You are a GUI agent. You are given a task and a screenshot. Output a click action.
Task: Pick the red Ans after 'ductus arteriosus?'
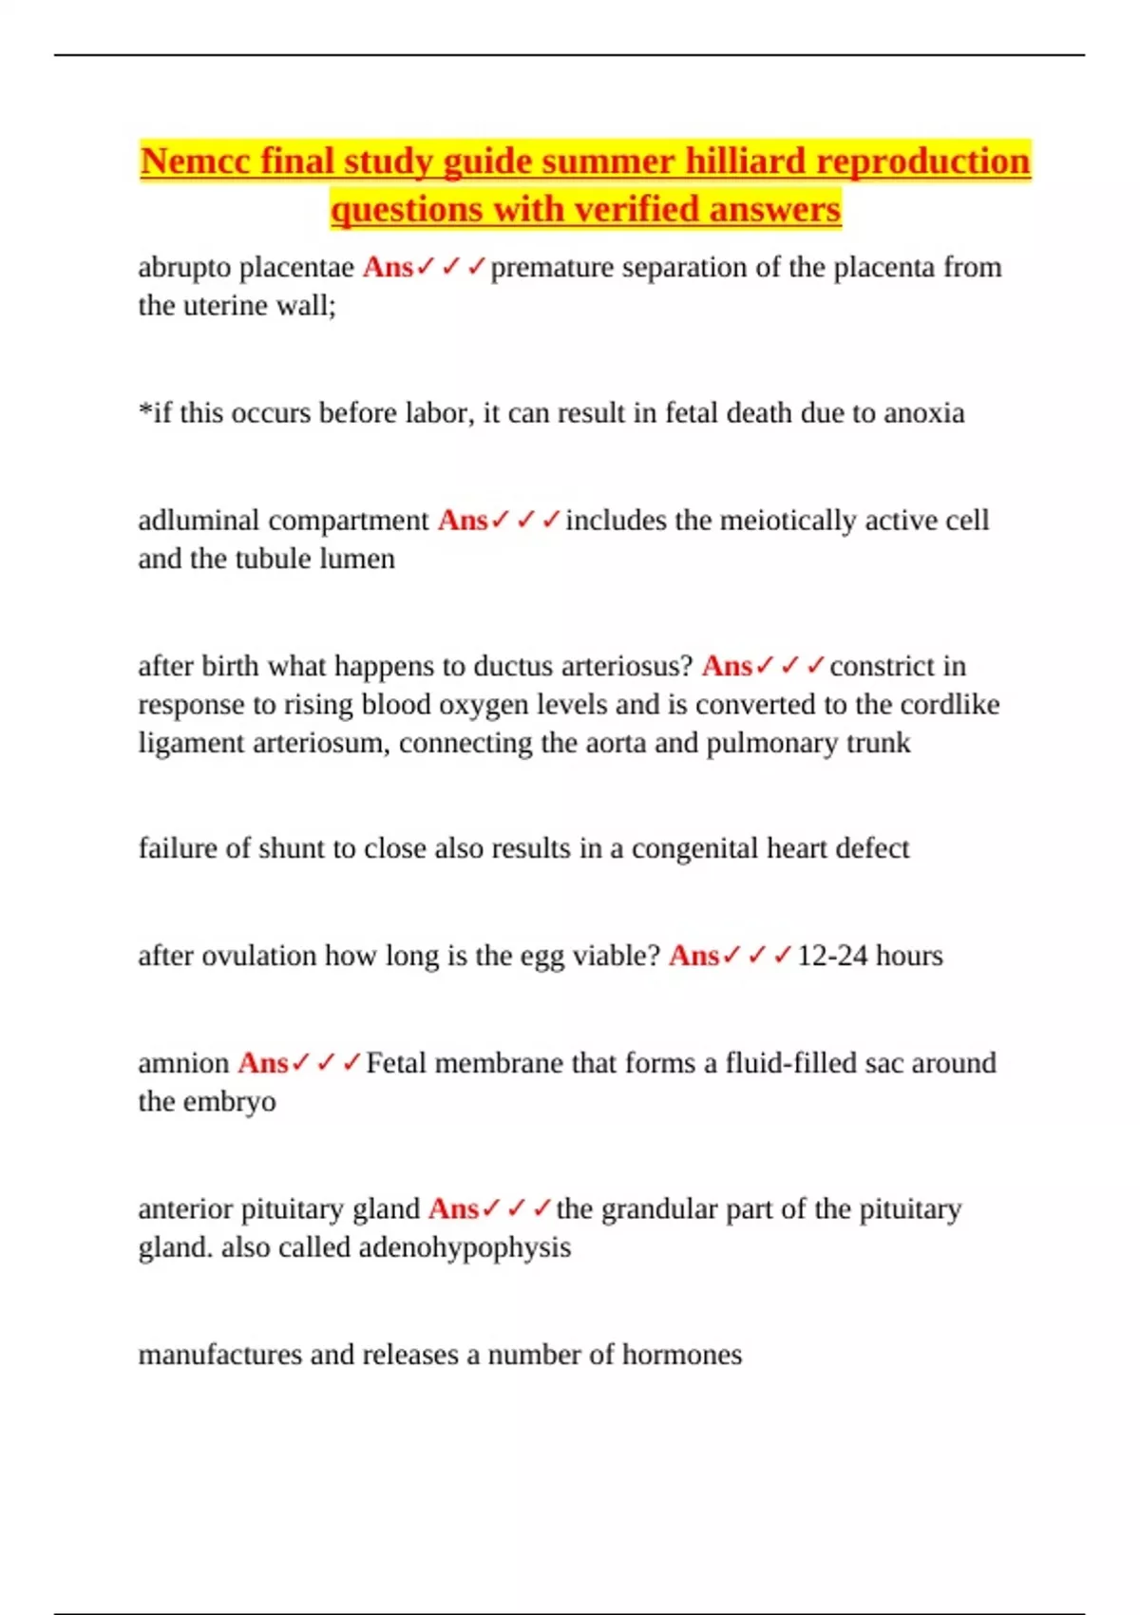(x=727, y=667)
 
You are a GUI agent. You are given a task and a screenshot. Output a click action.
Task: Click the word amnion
(x=183, y=1063)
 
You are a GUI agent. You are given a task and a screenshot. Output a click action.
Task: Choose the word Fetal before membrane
(x=396, y=1063)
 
